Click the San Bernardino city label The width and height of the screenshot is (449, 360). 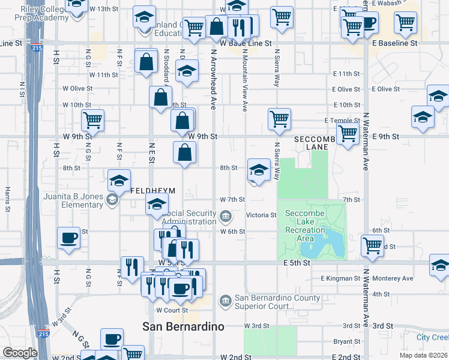(x=183, y=327)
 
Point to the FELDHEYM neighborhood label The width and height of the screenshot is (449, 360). (x=153, y=191)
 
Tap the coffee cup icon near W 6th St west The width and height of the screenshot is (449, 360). (x=68, y=238)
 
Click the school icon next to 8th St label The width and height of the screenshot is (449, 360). (x=259, y=170)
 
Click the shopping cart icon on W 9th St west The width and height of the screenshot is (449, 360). (x=93, y=120)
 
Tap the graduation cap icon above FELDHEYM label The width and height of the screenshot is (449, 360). (x=119, y=179)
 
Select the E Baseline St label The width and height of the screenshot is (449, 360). (x=394, y=43)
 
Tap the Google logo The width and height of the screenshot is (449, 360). (x=20, y=353)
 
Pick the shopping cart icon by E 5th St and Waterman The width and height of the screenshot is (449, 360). (x=373, y=245)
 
